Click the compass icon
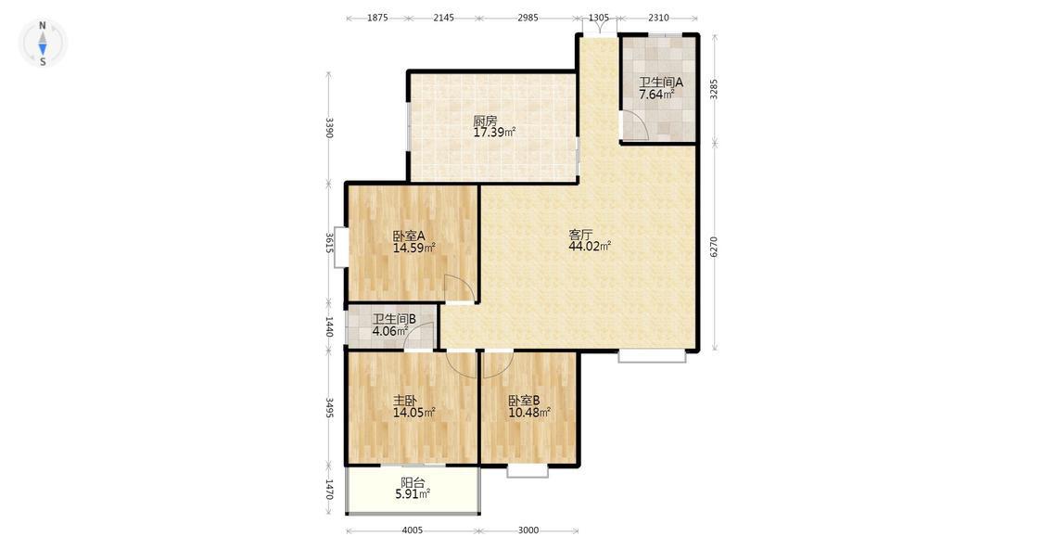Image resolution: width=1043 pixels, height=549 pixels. [x=43, y=44]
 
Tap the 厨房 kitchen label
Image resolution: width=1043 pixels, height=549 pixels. [x=485, y=121]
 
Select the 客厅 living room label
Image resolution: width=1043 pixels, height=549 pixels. [x=580, y=235]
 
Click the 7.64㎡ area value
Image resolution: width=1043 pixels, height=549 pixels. [x=656, y=95]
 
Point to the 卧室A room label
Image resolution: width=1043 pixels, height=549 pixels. [x=409, y=236]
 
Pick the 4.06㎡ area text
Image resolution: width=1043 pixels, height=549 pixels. [x=389, y=331]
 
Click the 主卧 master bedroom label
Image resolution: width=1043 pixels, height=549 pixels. [x=405, y=402]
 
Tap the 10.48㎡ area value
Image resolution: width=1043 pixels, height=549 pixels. [x=529, y=413]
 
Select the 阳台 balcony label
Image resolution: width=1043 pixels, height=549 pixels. [x=413, y=483]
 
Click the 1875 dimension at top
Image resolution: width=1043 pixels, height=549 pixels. [x=377, y=18]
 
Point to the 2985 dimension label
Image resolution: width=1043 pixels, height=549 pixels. [x=528, y=18]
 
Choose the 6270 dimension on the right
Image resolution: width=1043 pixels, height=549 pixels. [x=714, y=247]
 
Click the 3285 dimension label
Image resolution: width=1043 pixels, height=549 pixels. [x=714, y=89]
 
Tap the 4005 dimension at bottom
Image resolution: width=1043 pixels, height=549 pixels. [x=413, y=530]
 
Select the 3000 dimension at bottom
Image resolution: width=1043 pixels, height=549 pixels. [x=528, y=530]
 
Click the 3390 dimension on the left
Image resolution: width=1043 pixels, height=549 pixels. [x=328, y=127]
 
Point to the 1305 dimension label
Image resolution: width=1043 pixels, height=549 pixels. [x=599, y=18]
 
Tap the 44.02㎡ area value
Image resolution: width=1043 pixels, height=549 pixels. [x=590, y=247]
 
